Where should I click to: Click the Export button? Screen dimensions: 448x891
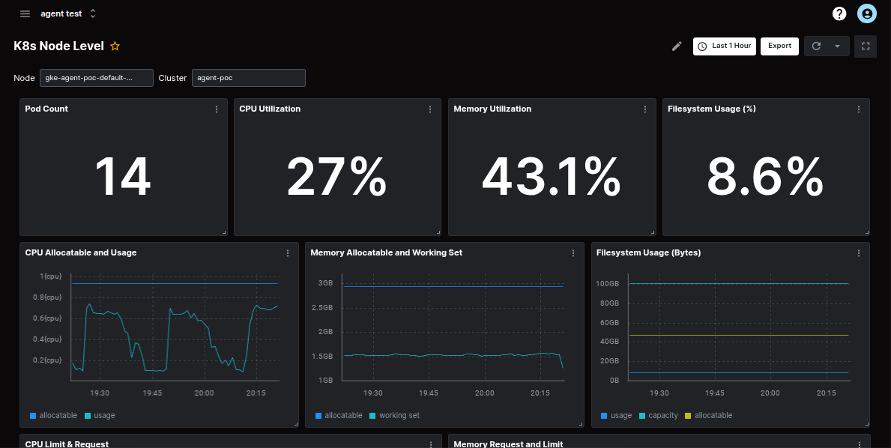(x=779, y=46)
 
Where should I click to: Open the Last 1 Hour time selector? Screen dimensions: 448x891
(x=724, y=46)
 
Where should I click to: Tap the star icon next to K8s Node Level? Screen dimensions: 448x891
(x=115, y=46)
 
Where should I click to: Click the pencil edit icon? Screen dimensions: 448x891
(x=677, y=46)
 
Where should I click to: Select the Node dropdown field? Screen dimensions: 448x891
(x=97, y=78)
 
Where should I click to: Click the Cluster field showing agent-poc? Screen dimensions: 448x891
(x=248, y=78)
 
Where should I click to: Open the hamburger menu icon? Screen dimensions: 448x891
(x=25, y=13)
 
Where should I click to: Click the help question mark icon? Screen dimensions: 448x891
(x=839, y=13)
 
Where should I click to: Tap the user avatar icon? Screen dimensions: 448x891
(x=867, y=13)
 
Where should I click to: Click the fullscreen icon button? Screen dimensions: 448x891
(x=866, y=46)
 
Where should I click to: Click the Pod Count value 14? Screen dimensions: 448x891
(x=123, y=178)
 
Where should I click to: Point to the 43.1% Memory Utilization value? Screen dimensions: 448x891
(x=551, y=178)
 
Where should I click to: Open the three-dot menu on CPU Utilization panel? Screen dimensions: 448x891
(x=430, y=109)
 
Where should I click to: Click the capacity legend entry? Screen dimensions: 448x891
(x=662, y=416)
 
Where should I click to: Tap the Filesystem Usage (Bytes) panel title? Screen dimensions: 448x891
(x=648, y=253)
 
